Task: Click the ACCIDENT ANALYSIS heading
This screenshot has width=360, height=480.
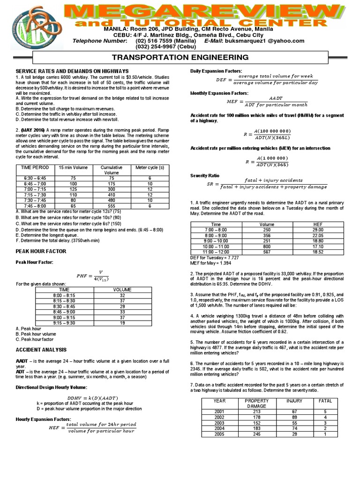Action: coord(41,350)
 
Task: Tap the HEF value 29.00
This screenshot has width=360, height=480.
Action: coord(318,230)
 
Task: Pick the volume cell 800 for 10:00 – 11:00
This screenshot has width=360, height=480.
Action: coord(267,246)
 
